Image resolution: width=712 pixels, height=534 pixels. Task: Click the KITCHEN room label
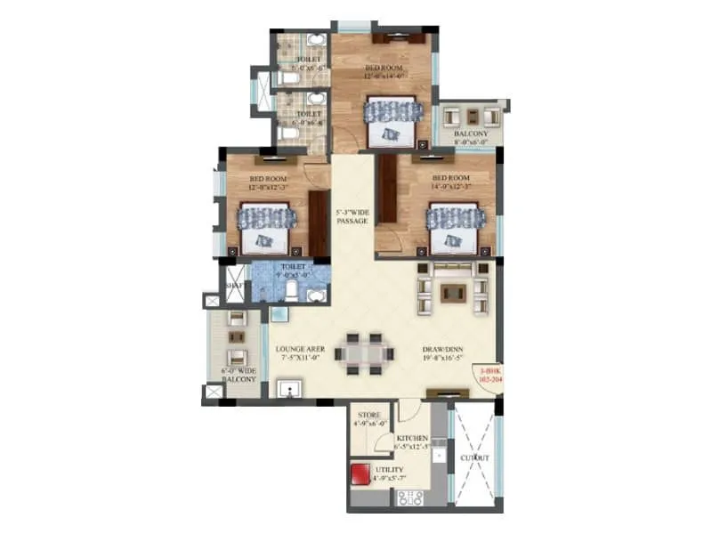(413, 439)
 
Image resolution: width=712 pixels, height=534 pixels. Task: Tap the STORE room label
(369, 416)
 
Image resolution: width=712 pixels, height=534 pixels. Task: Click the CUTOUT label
(474, 457)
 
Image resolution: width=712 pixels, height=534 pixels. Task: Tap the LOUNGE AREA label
(300, 350)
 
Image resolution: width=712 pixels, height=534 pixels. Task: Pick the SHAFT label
(234, 285)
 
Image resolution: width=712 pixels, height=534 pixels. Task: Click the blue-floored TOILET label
(293, 266)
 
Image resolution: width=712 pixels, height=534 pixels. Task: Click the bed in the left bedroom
(265, 227)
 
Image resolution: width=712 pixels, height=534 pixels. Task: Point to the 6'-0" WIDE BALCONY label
(239, 374)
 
